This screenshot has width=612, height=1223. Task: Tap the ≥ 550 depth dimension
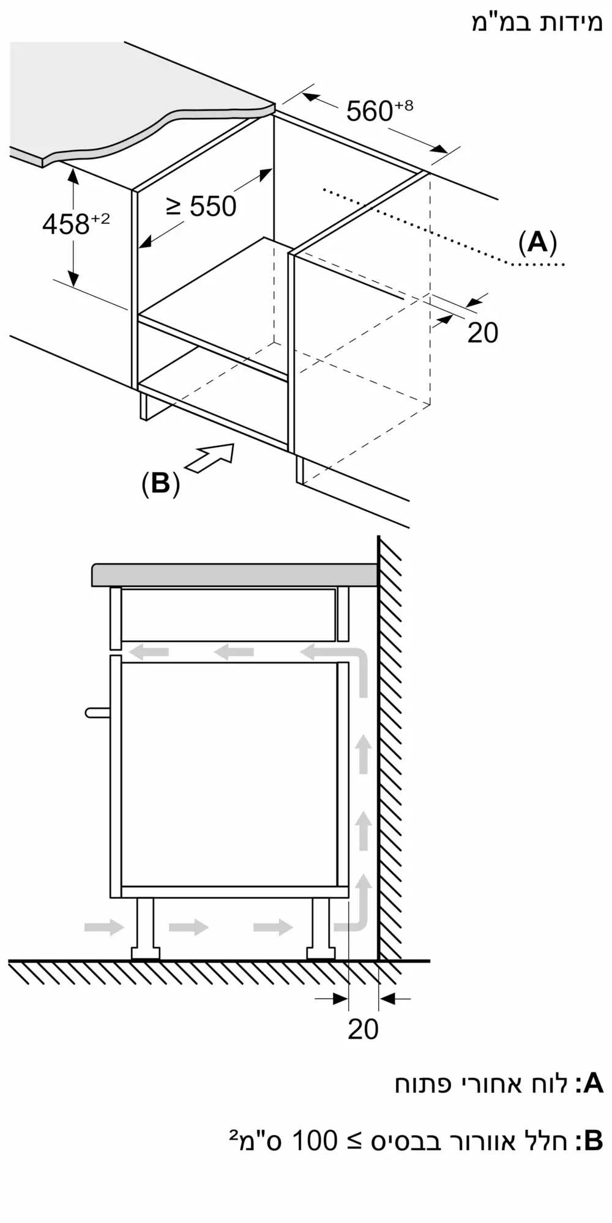[201, 207]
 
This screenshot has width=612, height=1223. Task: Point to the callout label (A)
[537, 243]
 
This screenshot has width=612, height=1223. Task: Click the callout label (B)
[160, 484]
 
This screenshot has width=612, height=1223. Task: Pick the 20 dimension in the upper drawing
[482, 333]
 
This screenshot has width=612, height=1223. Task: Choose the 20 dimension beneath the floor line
[363, 1029]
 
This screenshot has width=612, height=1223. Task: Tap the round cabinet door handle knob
[97, 712]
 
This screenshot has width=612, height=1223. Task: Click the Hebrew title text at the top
[537, 22]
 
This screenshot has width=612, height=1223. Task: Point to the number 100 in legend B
[315, 1141]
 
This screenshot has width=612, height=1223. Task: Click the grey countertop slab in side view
[233, 575]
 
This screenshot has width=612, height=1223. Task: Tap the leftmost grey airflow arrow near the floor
[104, 927]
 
